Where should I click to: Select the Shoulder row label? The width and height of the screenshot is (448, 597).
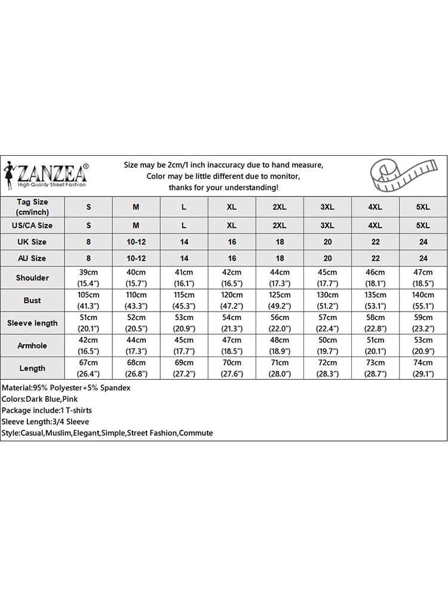(x=32, y=278)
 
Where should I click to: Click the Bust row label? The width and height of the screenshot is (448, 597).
(x=32, y=300)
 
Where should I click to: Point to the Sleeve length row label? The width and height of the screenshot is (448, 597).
(x=32, y=323)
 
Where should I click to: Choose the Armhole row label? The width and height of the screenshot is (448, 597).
(x=32, y=346)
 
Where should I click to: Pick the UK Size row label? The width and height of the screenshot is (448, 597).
(x=32, y=242)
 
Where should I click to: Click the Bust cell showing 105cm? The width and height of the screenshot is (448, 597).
(x=88, y=300)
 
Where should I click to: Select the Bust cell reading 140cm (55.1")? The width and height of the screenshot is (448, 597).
(x=423, y=300)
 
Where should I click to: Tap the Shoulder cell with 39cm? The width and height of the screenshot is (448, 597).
(x=88, y=278)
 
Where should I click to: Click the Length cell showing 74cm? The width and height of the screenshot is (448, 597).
(x=423, y=368)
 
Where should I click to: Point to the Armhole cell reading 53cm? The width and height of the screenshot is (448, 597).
(x=423, y=346)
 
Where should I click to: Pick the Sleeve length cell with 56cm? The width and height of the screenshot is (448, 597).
(x=280, y=323)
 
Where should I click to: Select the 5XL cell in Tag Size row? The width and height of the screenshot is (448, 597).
(x=423, y=207)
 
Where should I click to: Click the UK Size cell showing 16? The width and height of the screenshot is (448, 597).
(x=232, y=242)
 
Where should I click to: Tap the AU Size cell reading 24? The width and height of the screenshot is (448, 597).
(x=423, y=259)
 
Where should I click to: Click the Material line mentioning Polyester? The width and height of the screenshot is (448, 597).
(x=66, y=387)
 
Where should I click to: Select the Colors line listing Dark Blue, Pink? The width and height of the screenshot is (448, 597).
(x=45, y=399)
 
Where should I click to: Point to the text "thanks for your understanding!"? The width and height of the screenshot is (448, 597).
(x=223, y=187)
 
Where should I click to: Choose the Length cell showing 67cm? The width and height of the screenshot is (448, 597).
(x=88, y=368)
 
